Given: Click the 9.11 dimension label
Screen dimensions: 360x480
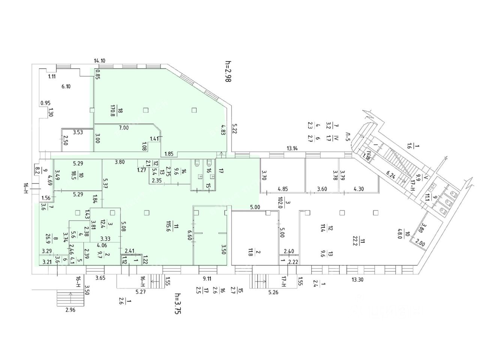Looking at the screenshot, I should [206, 279].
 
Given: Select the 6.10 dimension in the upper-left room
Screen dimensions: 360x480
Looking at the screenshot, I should [66, 86].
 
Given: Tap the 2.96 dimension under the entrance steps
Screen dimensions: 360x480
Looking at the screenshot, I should [70, 310].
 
